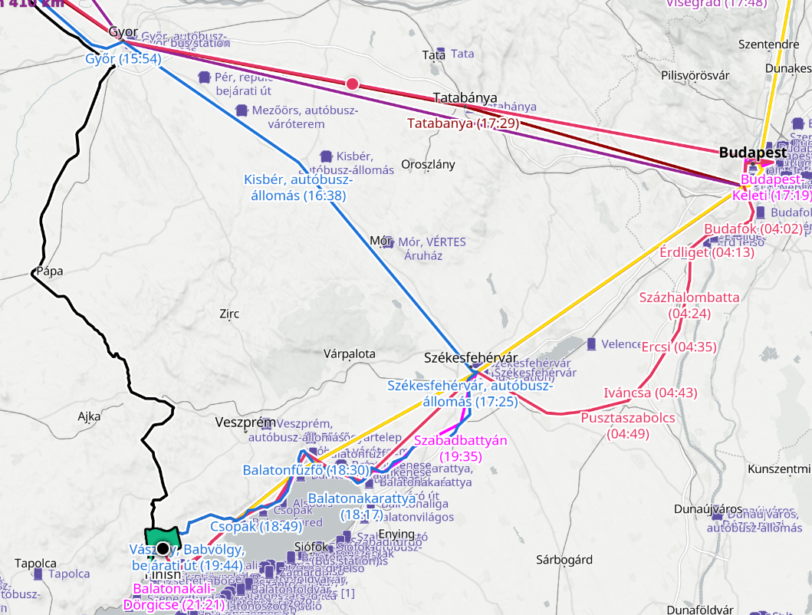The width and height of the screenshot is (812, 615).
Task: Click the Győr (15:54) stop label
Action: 123,59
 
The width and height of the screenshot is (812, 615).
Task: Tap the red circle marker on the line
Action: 352,84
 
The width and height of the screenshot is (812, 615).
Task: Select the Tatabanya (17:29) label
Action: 463,123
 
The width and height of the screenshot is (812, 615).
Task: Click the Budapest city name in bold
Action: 752,152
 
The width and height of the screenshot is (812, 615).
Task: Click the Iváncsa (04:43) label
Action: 639,393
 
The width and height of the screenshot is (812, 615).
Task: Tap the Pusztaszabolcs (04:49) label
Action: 627,426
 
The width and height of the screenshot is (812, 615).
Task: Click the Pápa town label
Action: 49,271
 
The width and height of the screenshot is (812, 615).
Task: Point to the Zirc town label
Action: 229,314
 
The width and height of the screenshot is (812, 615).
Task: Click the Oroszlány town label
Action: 428,164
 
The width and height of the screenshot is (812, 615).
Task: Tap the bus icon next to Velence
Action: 591,344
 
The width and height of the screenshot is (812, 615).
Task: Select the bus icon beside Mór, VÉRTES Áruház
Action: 387,242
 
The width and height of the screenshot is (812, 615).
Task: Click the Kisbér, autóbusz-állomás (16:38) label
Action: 298,188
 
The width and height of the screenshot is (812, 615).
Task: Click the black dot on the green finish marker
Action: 163,548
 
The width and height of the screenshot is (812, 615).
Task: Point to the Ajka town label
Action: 89,416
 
